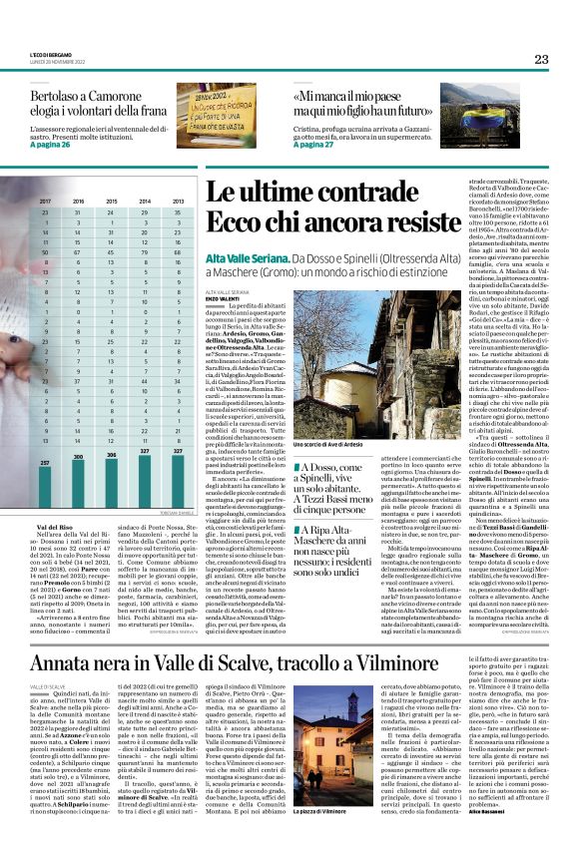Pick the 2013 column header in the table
pos(177,202)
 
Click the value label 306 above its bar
pos(112,455)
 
